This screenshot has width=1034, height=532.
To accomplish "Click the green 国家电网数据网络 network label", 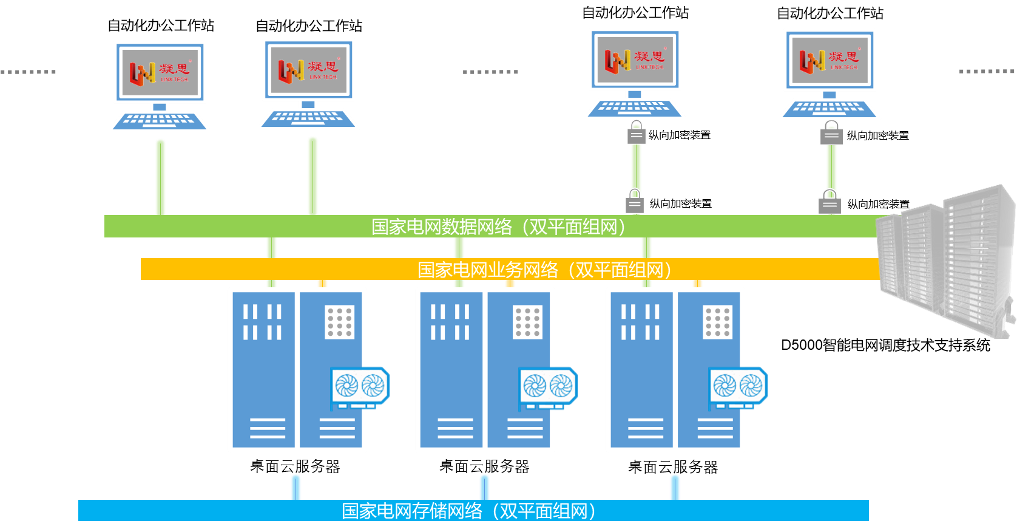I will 498,227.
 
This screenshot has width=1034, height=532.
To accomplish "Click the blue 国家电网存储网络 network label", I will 468,511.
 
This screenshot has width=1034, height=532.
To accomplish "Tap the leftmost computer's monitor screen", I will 160,72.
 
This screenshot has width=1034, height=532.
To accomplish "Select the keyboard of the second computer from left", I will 309,118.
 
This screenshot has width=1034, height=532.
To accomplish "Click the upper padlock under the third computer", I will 636,133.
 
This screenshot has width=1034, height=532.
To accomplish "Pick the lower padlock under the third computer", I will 635,202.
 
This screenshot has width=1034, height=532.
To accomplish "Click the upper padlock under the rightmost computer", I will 831,133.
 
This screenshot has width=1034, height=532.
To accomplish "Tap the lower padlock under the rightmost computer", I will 830,202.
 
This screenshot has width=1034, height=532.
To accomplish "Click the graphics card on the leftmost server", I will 359,387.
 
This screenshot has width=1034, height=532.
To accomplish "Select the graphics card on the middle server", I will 548,387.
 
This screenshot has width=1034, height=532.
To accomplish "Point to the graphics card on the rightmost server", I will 738,387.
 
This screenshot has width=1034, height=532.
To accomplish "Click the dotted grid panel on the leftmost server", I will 340,322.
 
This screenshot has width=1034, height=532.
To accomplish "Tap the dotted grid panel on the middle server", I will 528,322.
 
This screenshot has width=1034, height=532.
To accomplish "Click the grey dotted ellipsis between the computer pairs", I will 490,72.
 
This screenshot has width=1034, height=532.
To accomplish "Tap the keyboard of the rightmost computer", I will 830,109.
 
